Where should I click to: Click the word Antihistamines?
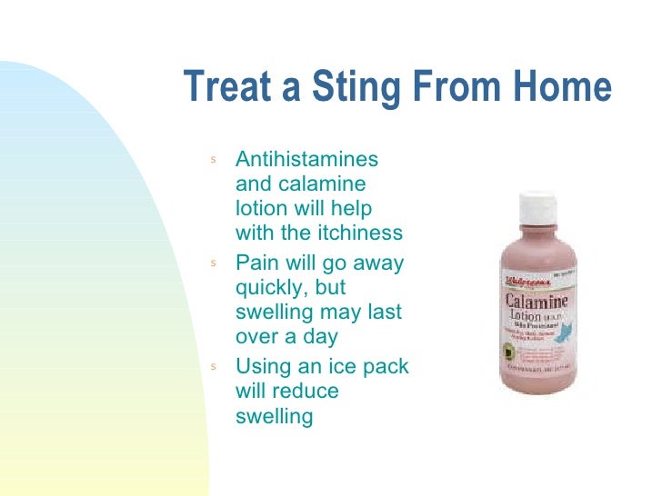coord(306,159)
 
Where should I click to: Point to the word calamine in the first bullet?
coord(320,184)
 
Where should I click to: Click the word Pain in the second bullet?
coord(256,263)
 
